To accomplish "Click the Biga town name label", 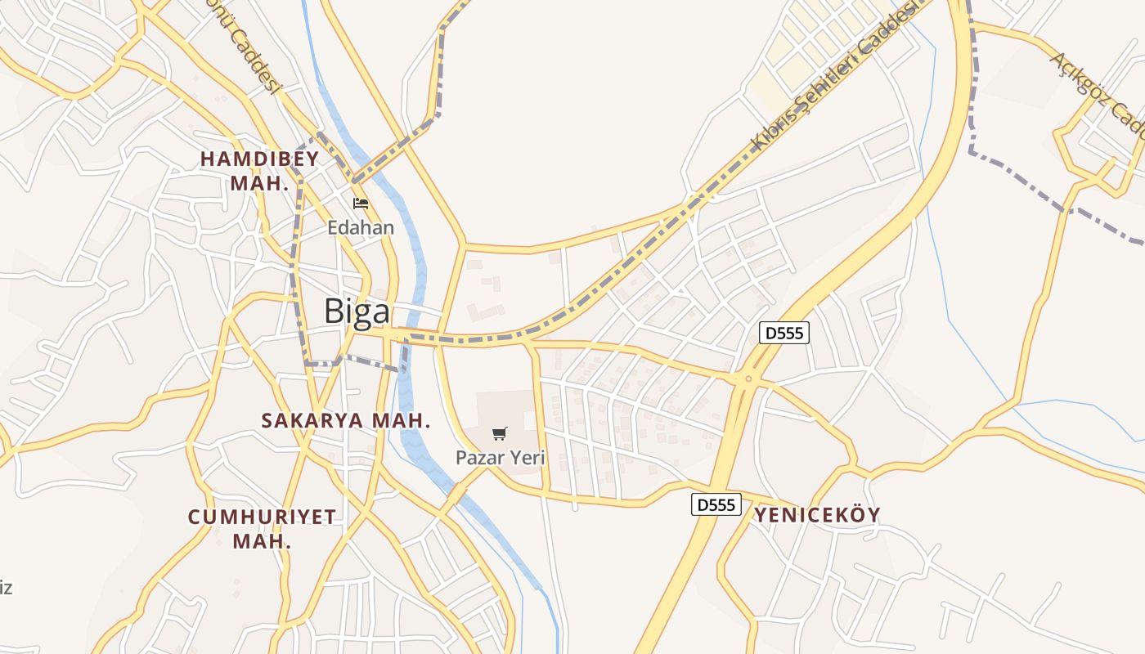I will pos(357,312).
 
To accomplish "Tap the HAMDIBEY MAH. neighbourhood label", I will pos(260,171).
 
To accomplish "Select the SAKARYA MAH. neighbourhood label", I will pos(346,420).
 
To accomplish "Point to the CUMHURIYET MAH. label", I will pos(262,528).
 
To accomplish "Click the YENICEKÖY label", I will pos(817,515).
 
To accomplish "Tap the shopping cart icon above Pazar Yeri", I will pos(500,433).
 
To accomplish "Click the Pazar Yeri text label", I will pos(500,458).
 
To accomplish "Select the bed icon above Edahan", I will pos(361,204).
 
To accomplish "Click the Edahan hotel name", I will pos(361,227).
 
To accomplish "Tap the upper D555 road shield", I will pos(784,333).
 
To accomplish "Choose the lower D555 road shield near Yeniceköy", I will pos(716,504).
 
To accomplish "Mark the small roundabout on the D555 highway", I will pos(748,379).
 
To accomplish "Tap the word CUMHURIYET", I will pos(262,517).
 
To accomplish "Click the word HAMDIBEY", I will pos(260,159).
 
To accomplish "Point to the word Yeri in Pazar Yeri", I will pos(527,458).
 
